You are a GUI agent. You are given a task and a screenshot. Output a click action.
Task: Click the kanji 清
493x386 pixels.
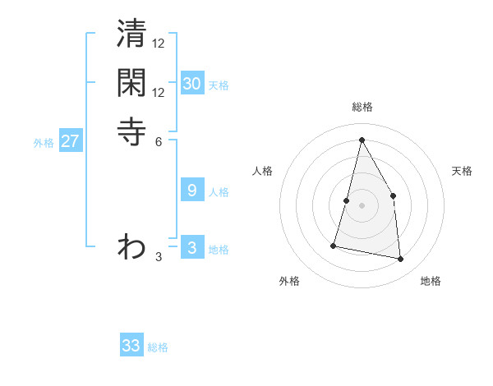pyautogui.click(x=131, y=35)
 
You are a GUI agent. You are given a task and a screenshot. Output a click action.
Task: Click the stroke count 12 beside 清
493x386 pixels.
pyautogui.click(x=159, y=44)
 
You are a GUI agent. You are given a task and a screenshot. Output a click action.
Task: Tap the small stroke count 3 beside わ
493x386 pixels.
pyautogui.click(x=159, y=257)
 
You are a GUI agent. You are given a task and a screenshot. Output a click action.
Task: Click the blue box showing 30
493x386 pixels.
pyautogui.click(x=192, y=84)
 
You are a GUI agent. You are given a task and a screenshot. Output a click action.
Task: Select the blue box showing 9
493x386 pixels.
pyautogui.click(x=192, y=191)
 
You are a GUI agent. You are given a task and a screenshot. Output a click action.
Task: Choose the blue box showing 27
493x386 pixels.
pyautogui.click(x=71, y=141)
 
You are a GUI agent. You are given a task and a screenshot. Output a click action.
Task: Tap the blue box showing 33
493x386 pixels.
pyautogui.click(x=131, y=346)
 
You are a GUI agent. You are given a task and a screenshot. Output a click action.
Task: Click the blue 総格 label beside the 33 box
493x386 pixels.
pyautogui.click(x=159, y=347)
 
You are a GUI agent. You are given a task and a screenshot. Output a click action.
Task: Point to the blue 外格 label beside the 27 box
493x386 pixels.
pyautogui.click(x=44, y=143)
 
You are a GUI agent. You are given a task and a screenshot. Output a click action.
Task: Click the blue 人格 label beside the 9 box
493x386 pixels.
pyautogui.click(x=219, y=192)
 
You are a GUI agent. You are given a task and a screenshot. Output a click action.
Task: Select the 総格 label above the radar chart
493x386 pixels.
pyautogui.click(x=362, y=107)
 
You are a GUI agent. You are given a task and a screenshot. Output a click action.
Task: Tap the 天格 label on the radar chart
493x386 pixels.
pyautogui.click(x=462, y=171)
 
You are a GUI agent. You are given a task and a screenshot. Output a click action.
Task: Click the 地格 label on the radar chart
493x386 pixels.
pyautogui.click(x=431, y=281)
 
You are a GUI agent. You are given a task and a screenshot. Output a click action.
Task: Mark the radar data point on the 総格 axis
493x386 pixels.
pyautogui.click(x=362, y=140)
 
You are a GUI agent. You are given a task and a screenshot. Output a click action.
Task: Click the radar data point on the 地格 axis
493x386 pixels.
pyautogui.click(x=400, y=260)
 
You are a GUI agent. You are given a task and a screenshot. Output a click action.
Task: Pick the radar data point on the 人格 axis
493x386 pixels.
pyautogui.click(x=347, y=200)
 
